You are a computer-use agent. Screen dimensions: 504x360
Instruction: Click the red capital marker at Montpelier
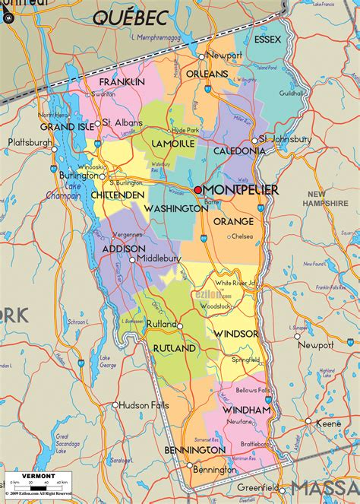click(x=198, y=189)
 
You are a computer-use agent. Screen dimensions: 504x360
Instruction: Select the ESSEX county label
click(x=267, y=39)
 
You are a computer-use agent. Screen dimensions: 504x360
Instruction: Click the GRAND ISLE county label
click(x=68, y=126)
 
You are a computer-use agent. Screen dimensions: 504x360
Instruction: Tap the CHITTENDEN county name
click(x=118, y=195)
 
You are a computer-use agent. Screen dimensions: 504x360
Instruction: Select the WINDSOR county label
click(x=235, y=334)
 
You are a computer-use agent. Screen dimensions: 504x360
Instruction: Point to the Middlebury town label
click(x=159, y=258)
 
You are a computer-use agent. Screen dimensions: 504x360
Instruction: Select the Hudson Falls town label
click(x=144, y=405)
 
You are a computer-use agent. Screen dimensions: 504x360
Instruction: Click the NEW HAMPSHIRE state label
click(x=325, y=199)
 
